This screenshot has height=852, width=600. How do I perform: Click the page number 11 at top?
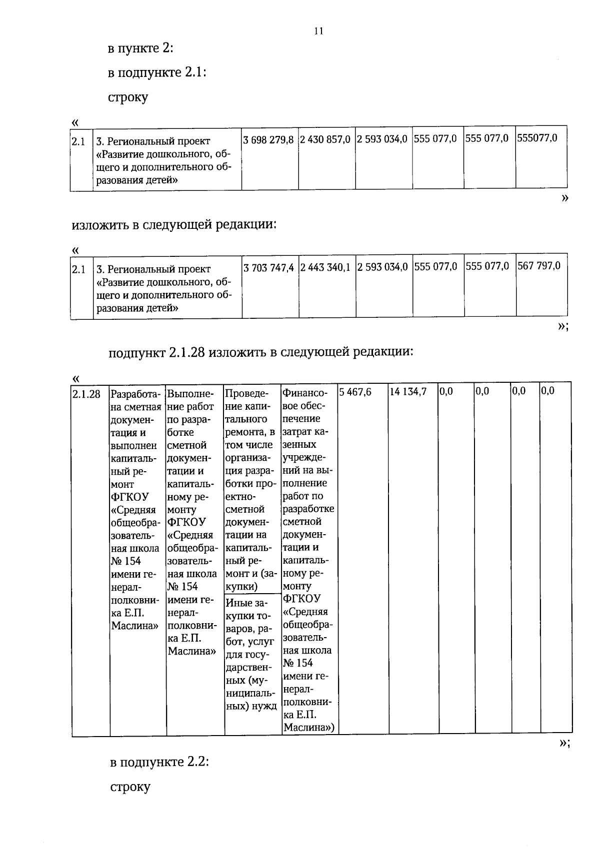(318, 31)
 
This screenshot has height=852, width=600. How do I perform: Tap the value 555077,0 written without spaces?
(537, 138)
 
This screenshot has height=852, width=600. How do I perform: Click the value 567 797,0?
(538, 266)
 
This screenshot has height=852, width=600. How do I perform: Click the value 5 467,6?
(355, 392)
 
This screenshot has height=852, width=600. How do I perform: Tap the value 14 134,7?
(407, 392)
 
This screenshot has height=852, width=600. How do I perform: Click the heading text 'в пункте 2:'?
(140, 48)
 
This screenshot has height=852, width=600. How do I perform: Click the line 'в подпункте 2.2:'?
(159, 763)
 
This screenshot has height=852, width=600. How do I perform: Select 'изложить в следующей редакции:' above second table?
(174, 224)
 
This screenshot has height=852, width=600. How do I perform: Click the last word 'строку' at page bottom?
(130, 788)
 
